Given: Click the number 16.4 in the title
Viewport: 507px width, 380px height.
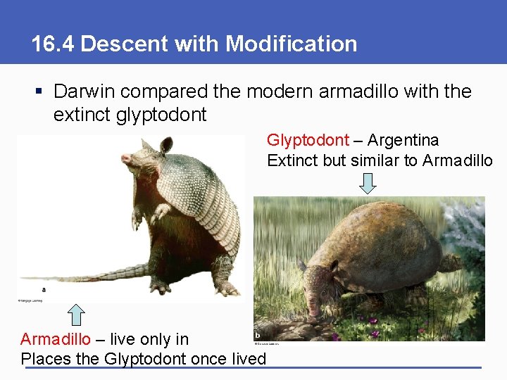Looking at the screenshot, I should pyautogui.click(x=54, y=44).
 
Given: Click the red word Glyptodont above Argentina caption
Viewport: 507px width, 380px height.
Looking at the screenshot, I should pyautogui.click(x=307, y=141).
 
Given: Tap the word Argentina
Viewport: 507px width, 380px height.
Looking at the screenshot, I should pyautogui.click(x=403, y=141).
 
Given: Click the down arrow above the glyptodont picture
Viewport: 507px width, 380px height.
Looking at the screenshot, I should pyautogui.click(x=368, y=183).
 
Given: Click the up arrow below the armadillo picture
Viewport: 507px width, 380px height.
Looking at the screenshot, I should pyautogui.click(x=77, y=315).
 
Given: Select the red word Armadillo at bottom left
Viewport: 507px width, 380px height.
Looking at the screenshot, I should pyautogui.click(x=55, y=339).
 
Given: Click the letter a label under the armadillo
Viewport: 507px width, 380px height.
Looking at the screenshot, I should pyautogui.click(x=44, y=289).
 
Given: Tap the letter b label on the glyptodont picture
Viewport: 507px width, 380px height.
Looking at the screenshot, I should pyautogui.click(x=258, y=334).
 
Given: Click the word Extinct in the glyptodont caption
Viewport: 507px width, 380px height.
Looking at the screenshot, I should pyautogui.click(x=292, y=160).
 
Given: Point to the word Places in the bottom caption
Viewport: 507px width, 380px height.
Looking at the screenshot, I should pyautogui.click(x=46, y=359).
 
